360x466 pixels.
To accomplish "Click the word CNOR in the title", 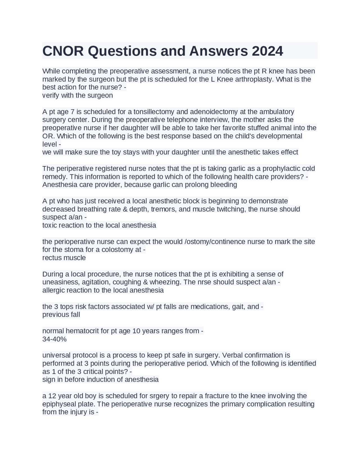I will click(63, 51).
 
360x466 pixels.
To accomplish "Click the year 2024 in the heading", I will click(267, 51).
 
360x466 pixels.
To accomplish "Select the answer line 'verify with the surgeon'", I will click(77, 95).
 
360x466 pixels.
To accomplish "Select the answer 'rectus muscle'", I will click(64, 258).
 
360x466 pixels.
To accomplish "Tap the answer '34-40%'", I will click(54, 339).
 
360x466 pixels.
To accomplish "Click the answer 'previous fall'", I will click(61, 315).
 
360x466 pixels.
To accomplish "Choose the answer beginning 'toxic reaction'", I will click(99, 225).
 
